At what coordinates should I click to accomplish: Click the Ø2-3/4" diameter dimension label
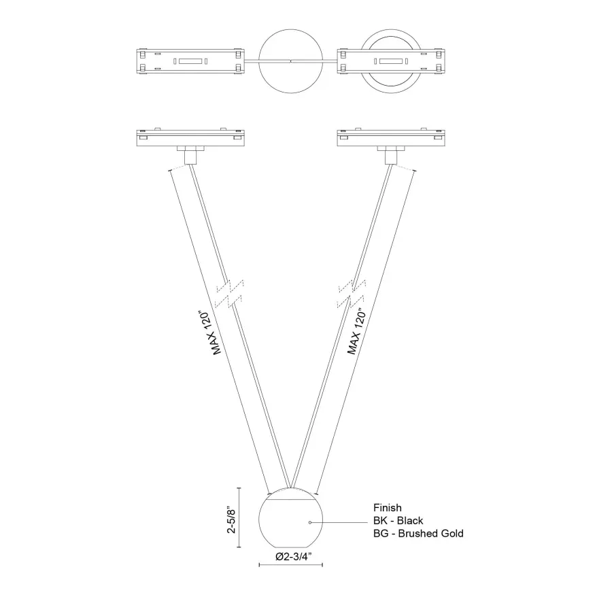pos(290,556)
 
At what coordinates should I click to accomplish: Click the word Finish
pos(387,507)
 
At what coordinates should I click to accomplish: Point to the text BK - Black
pos(398,520)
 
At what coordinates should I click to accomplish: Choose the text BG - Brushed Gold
pos(418,533)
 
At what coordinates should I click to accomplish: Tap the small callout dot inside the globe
pos(310,522)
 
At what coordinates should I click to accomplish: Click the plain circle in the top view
pos(290,62)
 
